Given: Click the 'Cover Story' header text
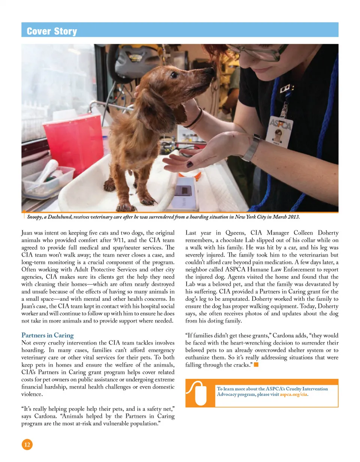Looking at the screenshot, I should click(x=52, y=31).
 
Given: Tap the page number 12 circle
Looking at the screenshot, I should click(x=27, y=445).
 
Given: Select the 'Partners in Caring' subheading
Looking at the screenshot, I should click(x=48, y=335).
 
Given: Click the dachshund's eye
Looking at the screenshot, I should click(x=174, y=75).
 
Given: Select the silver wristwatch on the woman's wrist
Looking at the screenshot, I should click(x=251, y=148).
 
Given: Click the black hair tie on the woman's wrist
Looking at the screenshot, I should click(x=193, y=119).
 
